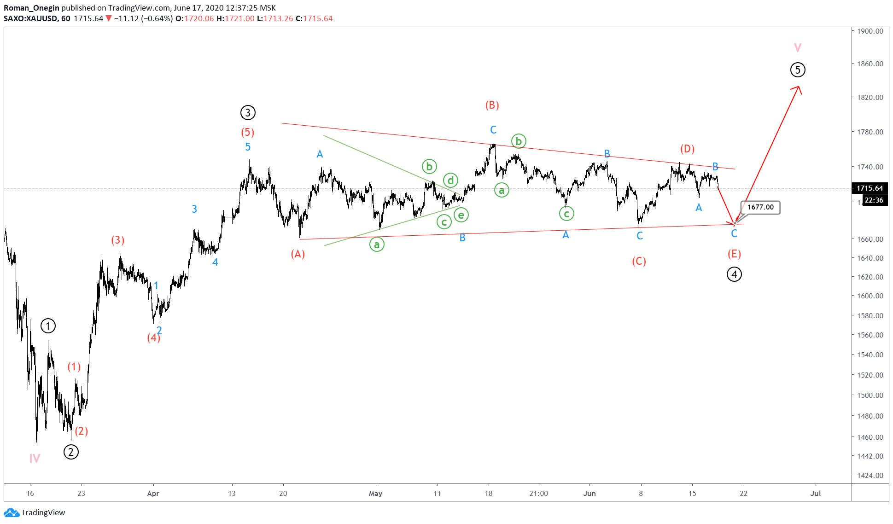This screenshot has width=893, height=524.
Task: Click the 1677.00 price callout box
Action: click(760, 207)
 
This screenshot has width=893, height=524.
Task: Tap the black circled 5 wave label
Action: click(798, 70)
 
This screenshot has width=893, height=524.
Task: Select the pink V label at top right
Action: click(798, 47)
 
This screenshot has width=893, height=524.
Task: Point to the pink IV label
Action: click(35, 458)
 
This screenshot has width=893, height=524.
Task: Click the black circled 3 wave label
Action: click(248, 113)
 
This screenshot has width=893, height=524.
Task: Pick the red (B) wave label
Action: click(492, 105)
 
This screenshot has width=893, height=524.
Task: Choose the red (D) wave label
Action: click(687, 149)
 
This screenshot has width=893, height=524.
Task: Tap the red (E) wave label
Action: click(734, 254)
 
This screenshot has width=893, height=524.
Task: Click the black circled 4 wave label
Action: click(734, 274)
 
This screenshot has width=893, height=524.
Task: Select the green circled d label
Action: click(451, 180)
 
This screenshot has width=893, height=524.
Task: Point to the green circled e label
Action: click(461, 215)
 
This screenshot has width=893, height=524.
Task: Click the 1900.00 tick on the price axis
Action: click(870, 31)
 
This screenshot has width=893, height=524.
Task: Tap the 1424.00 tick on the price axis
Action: click(870, 475)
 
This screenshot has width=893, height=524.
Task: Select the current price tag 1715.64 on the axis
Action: click(870, 188)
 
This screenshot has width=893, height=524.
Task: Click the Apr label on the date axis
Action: click(153, 494)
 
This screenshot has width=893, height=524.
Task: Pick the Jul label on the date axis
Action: click(816, 494)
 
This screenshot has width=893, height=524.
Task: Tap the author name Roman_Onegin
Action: click(31, 8)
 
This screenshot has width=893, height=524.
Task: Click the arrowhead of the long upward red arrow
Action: click(798, 87)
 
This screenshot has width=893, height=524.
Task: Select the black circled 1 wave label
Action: click(48, 326)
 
